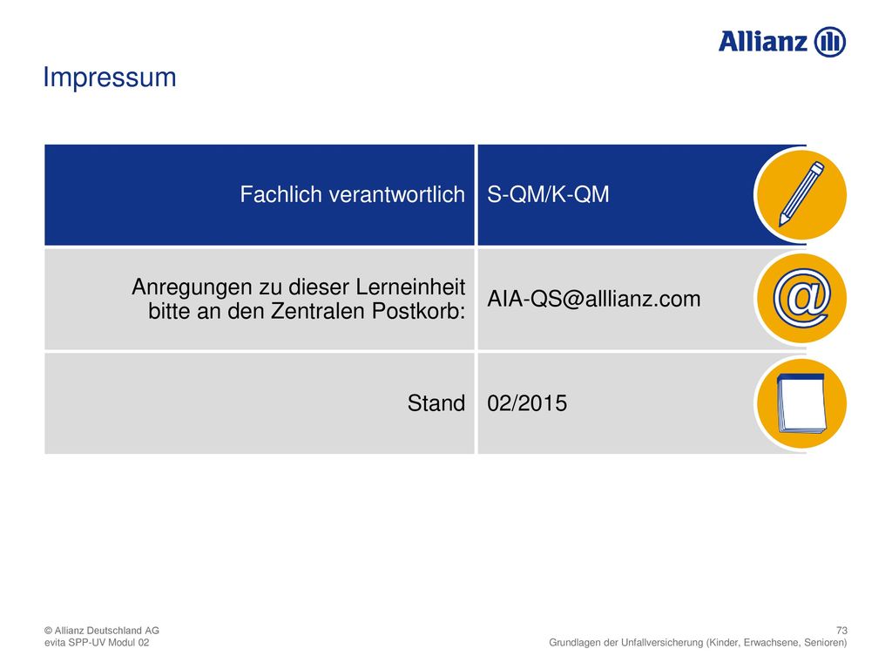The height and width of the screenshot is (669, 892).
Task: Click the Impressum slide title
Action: [110, 78]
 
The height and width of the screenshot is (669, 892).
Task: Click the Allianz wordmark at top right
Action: [763, 42]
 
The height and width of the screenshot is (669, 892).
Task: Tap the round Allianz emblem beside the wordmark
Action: [830, 42]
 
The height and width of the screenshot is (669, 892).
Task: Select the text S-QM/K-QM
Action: [548, 194]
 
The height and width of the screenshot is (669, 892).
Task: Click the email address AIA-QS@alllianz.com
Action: [594, 299]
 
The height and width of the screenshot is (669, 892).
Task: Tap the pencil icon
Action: [801, 194]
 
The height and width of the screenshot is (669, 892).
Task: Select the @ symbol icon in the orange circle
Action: [801, 299]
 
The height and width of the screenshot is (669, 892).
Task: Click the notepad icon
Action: [801, 402]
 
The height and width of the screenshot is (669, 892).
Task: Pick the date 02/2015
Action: [527, 403]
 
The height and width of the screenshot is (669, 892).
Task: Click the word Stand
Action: [436, 403]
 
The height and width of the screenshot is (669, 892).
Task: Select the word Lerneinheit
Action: [411, 287]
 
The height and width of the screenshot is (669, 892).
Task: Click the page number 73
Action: [841, 631]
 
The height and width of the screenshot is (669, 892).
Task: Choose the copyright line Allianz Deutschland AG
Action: [102, 631]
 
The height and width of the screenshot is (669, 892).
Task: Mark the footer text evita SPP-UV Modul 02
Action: [97, 643]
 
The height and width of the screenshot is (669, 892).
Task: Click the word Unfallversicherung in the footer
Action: [662, 643]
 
